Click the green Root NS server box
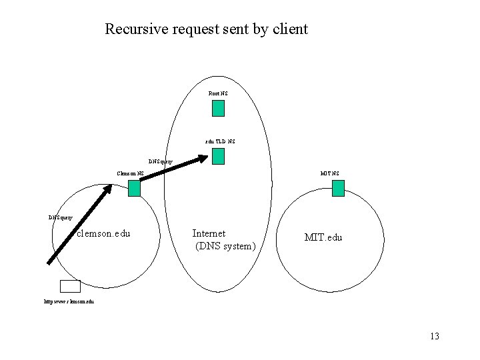pos(218,109)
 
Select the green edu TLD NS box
pos(218,157)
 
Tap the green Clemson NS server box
pos(134,189)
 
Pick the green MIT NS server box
pos(338,189)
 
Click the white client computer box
pos(70,286)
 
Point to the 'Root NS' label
pos(218,94)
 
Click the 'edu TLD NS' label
pos(220,141)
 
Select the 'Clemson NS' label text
pos(130,173)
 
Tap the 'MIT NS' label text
pos(329,173)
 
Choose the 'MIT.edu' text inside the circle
pos(323,237)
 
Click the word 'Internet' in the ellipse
pos(209,233)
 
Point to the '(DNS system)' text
pos(225,247)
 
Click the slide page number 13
pos(435,336)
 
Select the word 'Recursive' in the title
pos(134,29)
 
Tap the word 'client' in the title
pos(289,29)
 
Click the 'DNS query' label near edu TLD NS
pos(161,161)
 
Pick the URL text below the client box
pos(69,302)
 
